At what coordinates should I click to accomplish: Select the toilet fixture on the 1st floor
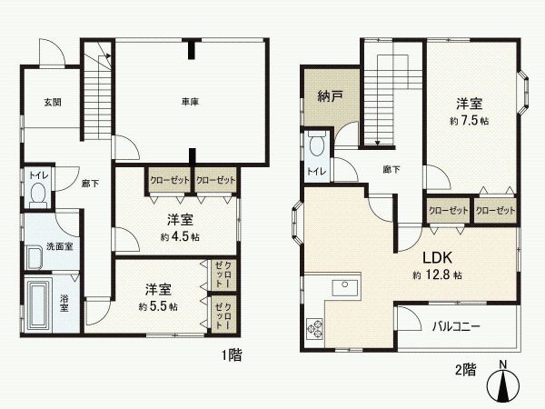click(38, 193)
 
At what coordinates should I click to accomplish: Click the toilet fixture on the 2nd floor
click(317, 145)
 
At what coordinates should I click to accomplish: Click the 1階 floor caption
click(231, 357)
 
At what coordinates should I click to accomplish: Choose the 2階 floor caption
click(464, 369)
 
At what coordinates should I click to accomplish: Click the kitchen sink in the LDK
click(345, 288)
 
